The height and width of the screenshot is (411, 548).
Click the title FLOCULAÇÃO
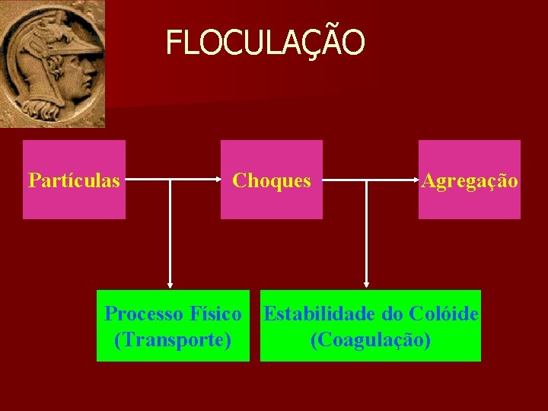coord(265,43)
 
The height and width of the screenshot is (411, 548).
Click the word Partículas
coord(74,181)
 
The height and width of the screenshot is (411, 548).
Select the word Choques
coord(272,181)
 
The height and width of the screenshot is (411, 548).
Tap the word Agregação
coord(470,181)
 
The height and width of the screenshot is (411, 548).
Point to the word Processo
coord(143,314)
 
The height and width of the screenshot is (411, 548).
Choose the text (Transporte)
coord(173,339)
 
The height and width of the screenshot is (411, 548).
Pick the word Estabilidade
coord(319,314)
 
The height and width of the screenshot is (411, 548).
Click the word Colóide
coord(444,314)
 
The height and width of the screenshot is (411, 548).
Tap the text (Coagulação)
coord(371,339)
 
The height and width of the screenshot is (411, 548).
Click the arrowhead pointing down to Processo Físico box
coord(170,284)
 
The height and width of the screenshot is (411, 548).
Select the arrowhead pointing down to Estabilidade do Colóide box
coord(367,284)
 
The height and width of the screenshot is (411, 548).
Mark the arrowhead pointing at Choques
coord(216,181)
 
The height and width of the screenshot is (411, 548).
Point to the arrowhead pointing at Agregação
coord(416,181)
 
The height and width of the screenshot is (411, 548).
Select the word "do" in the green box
coord(393,314)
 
